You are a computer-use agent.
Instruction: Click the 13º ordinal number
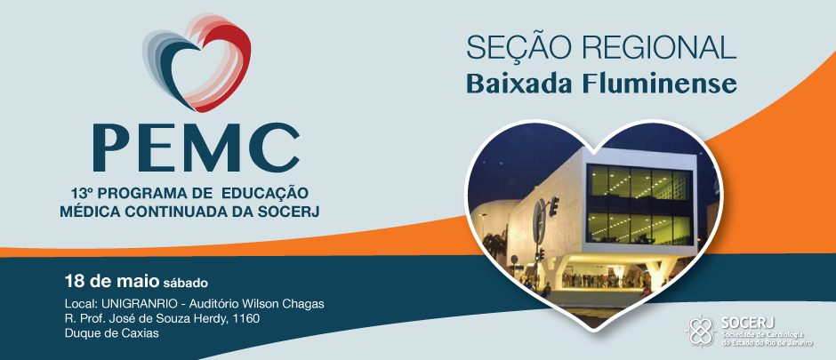point(79,192)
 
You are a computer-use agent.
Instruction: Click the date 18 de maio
point(112,280)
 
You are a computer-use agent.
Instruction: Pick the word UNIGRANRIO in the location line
point(135,304)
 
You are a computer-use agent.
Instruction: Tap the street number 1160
point(247,319)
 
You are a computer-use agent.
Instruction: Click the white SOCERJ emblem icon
point(701,331)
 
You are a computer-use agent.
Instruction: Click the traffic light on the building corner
point(555,206)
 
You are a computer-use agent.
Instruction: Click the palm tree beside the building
point(494,246)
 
